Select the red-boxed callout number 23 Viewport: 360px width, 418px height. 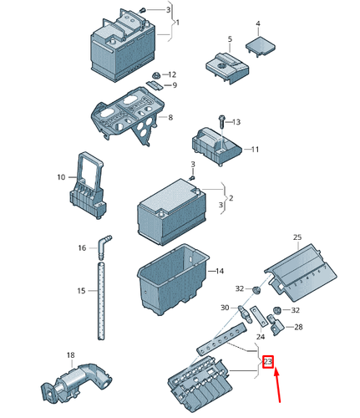pyautogui.click(x=267, y=362)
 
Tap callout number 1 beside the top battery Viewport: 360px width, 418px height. pyautogui.click(x=178, y=22)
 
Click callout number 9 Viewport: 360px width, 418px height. pyautogui.click(x=174, y=85)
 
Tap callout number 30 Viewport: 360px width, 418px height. pyautogui.click(x=224, y=308)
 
